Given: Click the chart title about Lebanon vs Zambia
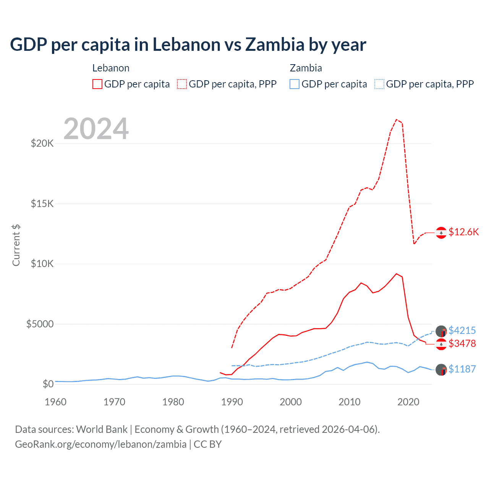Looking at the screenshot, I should click(x=188, y=45).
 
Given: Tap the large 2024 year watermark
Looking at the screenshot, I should click(x=96, y=129).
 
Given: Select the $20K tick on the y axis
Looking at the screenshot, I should click(x=42, y=144).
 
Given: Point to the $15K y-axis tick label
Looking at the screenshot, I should click(x=42, y=204).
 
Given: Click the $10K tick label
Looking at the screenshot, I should click(x=42, y=264).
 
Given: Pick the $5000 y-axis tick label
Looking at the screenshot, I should click(x=40, y=324).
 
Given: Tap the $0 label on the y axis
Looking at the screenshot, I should click(x=48, y=384).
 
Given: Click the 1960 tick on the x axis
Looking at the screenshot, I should click(x=56, y=402).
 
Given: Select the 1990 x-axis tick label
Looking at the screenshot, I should click(x=232, y=402).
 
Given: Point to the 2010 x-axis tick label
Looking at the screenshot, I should click(x=350, y=402).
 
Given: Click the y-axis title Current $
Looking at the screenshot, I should click(x=16, y=245).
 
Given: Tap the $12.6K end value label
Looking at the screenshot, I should click(x=463, y=232).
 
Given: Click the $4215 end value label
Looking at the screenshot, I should click(x=462, y=330).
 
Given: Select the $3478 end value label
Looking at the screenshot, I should click(x=462, y=343).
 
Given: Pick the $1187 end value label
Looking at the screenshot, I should click(x=462, y=369).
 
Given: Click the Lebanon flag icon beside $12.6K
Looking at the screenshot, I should click(x=441, y=232).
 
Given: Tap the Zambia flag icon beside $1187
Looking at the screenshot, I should click(x=441, y=369).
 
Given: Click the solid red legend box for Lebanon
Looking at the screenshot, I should click(x=97, y=84).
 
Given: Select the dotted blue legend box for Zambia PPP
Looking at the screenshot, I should click(x=379, y=84).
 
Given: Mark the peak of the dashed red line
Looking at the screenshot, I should click(x=397, y=120).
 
